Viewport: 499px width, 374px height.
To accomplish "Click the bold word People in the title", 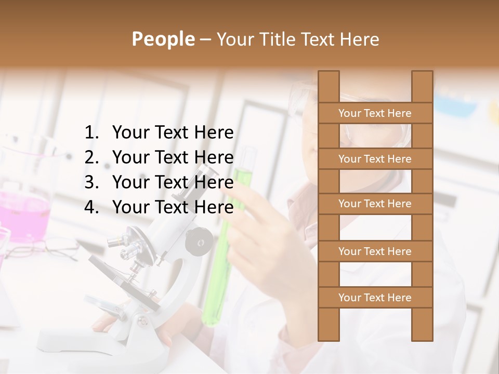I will click(x=163, y=39).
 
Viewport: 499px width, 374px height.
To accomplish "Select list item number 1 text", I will click(x=173, y=133).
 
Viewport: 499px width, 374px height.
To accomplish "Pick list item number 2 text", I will click(x=173, y=157).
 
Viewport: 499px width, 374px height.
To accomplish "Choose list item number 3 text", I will click(x=173, y=182).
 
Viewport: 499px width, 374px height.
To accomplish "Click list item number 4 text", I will click(x=173, y=207).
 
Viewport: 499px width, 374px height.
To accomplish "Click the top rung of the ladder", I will click(x=375, y=113).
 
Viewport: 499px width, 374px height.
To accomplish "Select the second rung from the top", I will click(x=375, y=159).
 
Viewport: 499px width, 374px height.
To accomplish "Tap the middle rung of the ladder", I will click(x=375, y=204).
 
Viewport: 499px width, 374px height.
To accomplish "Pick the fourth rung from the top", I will click(x=375, y=251).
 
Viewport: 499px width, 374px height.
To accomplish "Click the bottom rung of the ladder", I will click(x=375, y=298).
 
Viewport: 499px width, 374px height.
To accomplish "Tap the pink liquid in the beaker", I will click(x=23, y=213).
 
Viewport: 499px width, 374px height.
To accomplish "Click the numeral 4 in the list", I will click(x=90, y=207).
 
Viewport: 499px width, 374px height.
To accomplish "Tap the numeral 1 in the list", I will click(x=90, y=133).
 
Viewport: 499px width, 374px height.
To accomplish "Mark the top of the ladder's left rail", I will click(x=329, y=73).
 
